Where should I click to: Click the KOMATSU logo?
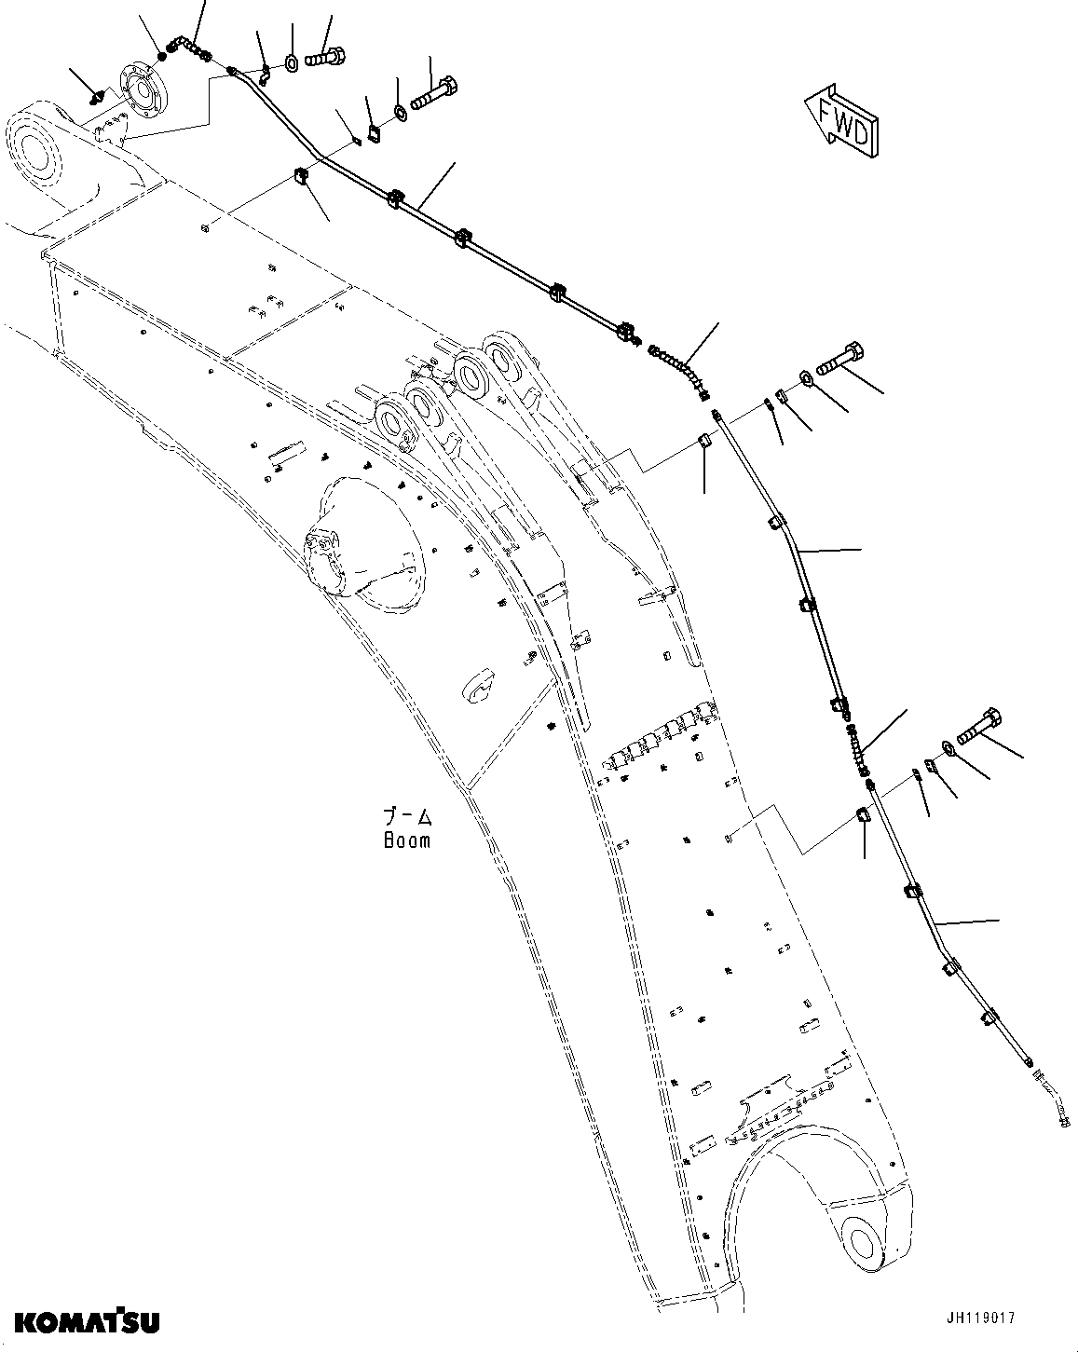click(x=86, y=1320)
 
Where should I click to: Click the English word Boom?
click(x=407, y=840)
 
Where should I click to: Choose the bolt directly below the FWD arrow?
click(x=842, y=359)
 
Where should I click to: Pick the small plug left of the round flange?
click(x=96, y=95)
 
